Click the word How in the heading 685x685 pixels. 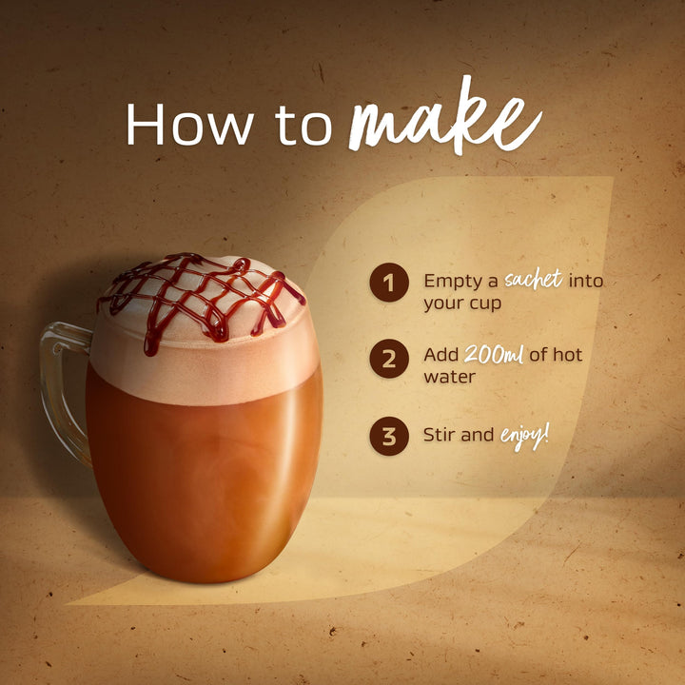[x=189, y=124]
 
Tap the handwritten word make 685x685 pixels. [x=444, y=117]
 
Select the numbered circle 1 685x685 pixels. [x=389, y=283]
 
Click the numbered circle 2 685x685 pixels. [x=389, y=359]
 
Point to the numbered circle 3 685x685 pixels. [x=389, y=436]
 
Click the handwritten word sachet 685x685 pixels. [x=534, y=279]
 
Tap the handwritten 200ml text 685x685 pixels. [x=494, y=354]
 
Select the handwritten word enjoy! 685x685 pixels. [x=524, y=438]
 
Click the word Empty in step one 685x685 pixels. [x=460, y=282]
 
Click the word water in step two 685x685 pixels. [x=449, y=377]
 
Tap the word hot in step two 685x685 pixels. [x=567, y=354]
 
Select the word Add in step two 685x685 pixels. [x=440, y=355]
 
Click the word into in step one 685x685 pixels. [x=585, y=281]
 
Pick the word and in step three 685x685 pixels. [x=478, y=435]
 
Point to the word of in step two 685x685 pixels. [x=538, y=354]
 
